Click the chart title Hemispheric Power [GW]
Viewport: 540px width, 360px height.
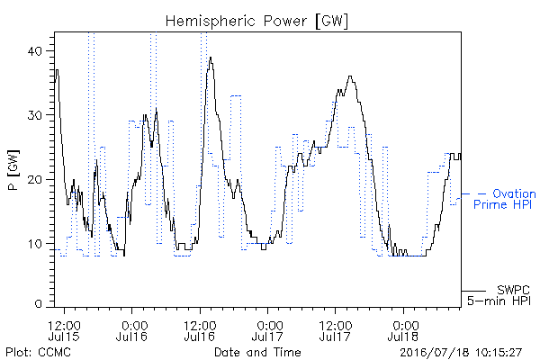point(256,22)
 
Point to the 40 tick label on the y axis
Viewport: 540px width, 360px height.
point(34,51)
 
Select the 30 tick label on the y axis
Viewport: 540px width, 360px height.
point(34,115)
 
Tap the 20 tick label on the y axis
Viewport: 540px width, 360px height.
point(34,179)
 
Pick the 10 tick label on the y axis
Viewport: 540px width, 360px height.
point(35,244)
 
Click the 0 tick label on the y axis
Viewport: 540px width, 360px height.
point(38,304)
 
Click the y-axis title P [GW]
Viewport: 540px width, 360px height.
point(13,170)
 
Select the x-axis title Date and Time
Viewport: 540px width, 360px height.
point(257,352)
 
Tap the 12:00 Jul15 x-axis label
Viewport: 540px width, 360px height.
point(65,330)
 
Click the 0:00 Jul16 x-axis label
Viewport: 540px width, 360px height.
point(132,330)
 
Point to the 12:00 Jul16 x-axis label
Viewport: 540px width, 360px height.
point(200,330)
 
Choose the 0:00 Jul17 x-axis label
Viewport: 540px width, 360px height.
point(267,330)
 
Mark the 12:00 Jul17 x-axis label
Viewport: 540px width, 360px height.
point(336,330)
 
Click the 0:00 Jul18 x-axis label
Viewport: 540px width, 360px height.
point(403,330)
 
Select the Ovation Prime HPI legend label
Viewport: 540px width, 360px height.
point(505,199)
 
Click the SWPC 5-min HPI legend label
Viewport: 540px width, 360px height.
point(499,295)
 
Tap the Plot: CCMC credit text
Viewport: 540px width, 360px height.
point(39,352)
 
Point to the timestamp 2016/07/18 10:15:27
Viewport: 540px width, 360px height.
point(461,353)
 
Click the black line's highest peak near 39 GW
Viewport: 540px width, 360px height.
point(211,58)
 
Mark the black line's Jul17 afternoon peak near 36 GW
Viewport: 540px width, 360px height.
point(350,76)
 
